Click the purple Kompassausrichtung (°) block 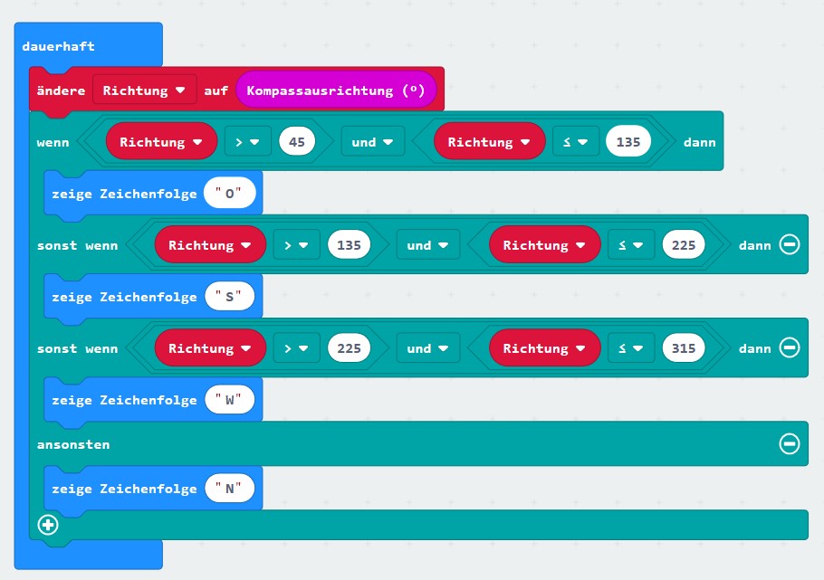click(336, 90)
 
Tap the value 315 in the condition click(685, 348)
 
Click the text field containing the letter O click(230, 194)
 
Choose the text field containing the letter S click(230, 297)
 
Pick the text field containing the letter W click(230, 400)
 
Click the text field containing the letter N click(230, 489)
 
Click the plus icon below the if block click(48, 525)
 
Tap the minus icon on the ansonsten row click(790, 444)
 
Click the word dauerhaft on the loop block click(58, 46)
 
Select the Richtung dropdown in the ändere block click(144, 90)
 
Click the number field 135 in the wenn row click(628, 142)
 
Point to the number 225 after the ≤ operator click(685, 245)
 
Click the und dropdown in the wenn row click(372, 142)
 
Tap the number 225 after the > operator click(350, 348)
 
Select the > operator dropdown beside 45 click(246, 142)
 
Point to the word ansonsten click(73, 444)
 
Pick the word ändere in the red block click(62, 90)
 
